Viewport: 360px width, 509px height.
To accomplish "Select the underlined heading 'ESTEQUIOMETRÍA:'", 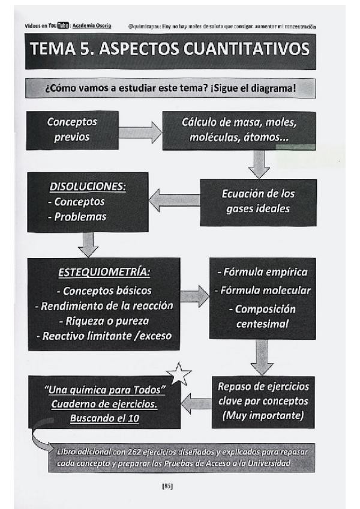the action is (x=104, y=273).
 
